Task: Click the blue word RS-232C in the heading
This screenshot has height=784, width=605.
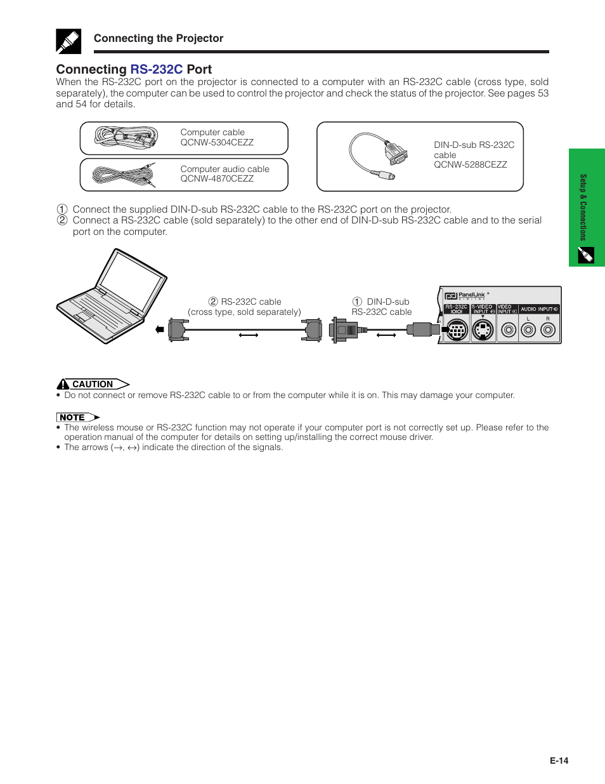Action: [156, 69]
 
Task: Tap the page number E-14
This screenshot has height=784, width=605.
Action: [559, 761]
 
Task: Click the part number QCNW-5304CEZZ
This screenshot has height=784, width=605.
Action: [217, 142]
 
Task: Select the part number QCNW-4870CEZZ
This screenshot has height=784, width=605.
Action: [217, 178]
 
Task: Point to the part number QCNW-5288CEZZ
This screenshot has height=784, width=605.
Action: [470, 164]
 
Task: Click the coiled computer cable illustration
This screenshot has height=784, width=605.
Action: [126, 137]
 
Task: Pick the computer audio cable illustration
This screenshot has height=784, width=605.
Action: [124, 175]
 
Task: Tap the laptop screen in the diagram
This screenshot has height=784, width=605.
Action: [131, 280]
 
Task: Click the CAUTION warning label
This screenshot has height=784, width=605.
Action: [93, 384]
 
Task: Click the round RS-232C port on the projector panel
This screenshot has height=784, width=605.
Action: [457, 330]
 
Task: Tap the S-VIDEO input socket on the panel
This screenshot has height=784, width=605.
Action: [483, 330]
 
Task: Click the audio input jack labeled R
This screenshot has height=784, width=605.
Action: [548, 329]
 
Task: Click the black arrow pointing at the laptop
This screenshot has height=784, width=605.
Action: [160, 329]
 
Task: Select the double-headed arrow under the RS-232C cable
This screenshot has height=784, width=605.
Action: [249, 335]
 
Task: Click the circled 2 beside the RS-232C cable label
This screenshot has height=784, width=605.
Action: [213, 302]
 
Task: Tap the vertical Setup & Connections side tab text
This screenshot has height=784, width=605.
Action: [583, 206]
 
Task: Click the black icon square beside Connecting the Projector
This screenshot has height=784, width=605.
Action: [68, 41]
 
